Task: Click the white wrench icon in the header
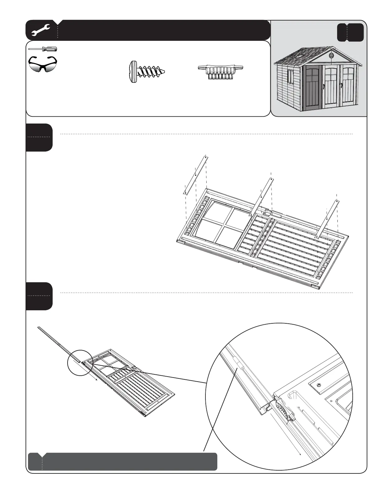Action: (x=41, y=31)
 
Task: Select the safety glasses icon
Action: (x=43, y=63)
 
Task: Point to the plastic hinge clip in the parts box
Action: (x=220, y=72)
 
